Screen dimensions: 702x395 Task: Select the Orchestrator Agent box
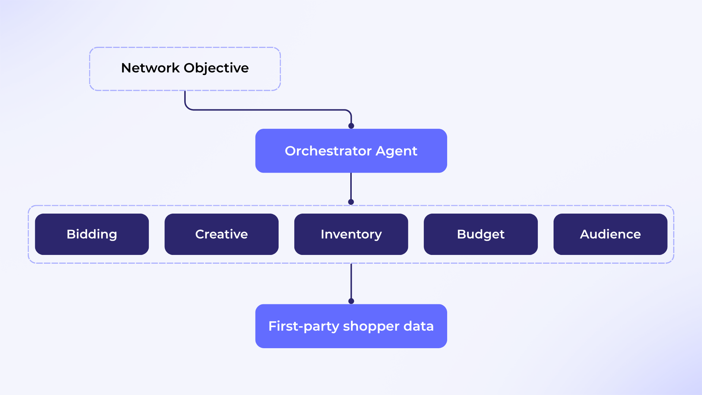[351, 151]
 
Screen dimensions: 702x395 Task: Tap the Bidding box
[92, 234]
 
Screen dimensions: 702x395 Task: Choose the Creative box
[222, 234]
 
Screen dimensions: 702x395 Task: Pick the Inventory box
[351, 234]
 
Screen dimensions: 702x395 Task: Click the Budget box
[481, 234]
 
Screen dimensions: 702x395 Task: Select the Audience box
[610, 234]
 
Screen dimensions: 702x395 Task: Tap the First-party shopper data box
[351, 326]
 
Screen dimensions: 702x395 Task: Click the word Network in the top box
[150, 68]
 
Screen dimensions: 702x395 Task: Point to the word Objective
[216, 68]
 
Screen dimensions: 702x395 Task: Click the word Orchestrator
[328, 151]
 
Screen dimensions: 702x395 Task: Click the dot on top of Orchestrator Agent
[351, 126]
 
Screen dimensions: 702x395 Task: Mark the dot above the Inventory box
[351, 202]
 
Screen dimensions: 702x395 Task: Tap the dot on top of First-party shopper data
[351, 301]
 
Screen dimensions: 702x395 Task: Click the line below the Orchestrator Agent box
[351, 187]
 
